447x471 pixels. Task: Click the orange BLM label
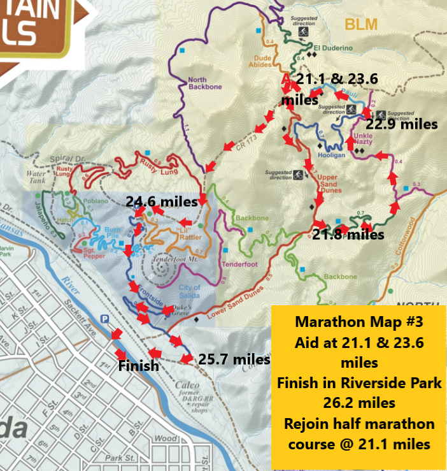361,25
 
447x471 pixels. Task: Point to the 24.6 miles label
162,201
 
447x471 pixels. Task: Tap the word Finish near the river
139,366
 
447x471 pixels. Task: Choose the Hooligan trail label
330,154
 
